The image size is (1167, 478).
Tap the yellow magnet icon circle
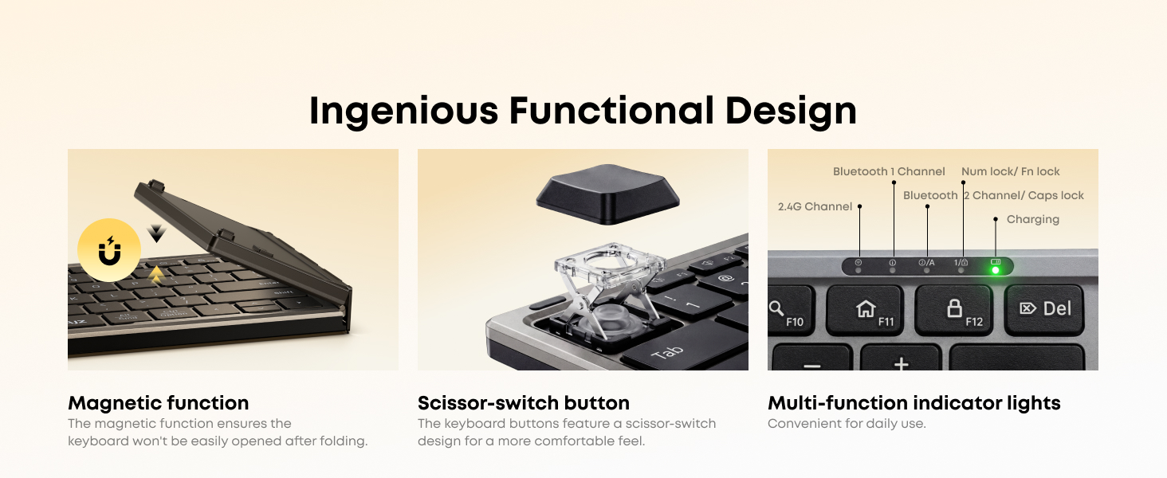point(109,250)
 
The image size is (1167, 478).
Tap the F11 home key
point(866,309)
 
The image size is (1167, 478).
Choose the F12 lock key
point(954,309)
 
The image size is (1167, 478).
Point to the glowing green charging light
point(995,270)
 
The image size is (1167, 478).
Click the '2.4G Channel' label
point(815,206)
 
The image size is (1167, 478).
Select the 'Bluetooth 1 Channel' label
point(889,171)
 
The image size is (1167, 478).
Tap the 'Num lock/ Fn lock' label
point(1011,171)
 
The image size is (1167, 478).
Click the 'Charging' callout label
point(1032,219)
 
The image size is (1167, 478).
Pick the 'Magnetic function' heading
point(159,403)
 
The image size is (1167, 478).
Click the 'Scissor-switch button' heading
point(524,403)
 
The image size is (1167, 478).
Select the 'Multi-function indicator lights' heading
point(914,403)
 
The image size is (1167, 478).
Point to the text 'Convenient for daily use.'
point(847,424)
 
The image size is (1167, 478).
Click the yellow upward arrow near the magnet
point(157,275)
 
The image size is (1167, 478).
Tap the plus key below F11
point(901,363)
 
